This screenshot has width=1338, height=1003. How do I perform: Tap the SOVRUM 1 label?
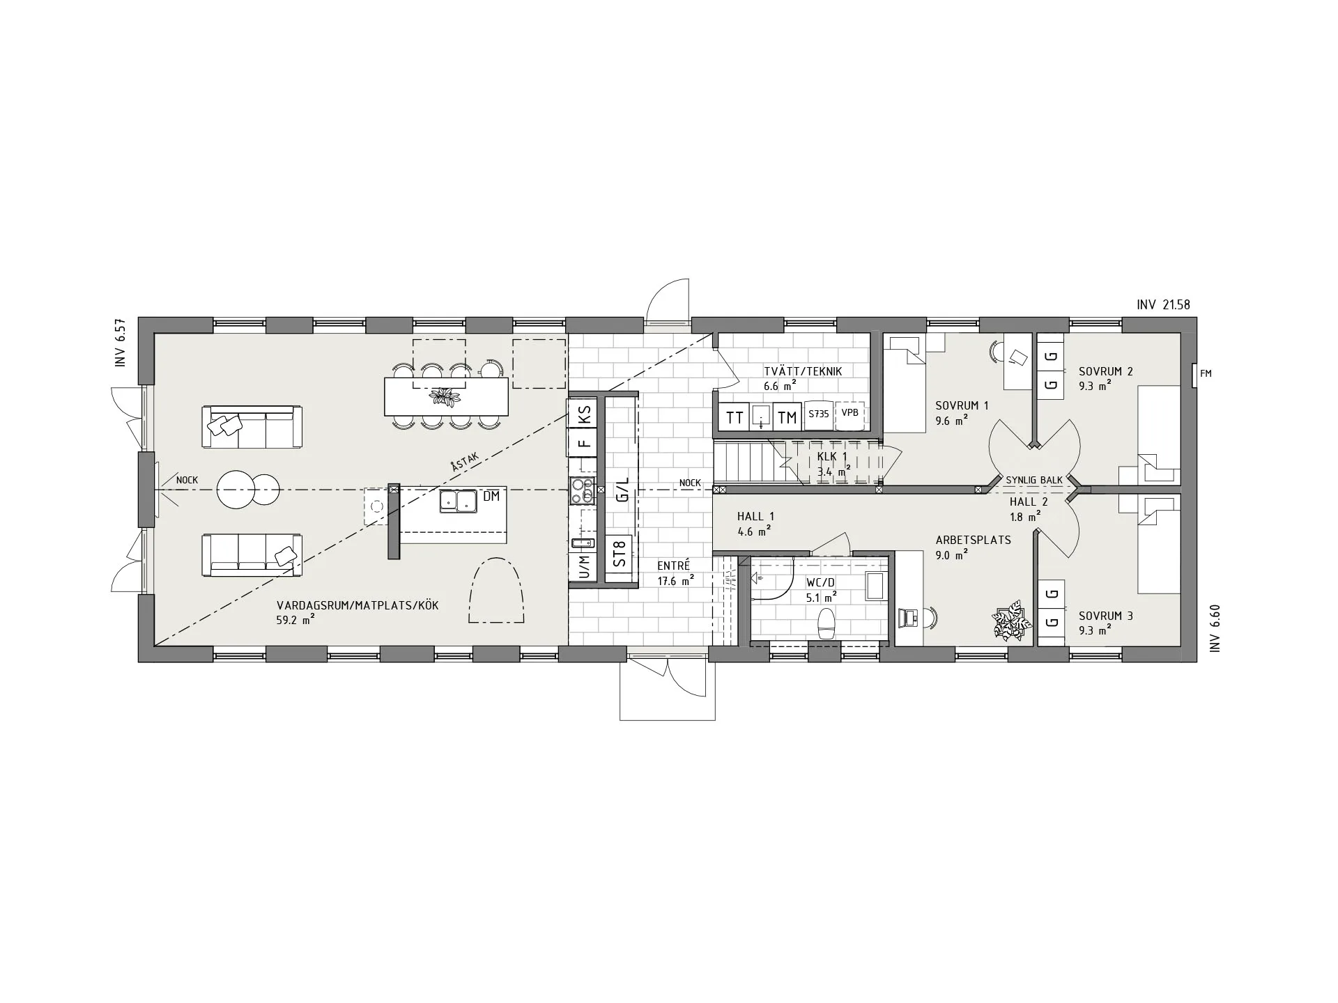coord(962,405)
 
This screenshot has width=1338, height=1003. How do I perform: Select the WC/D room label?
coord(820,582)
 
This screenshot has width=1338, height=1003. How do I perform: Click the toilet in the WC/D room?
coord(826,623)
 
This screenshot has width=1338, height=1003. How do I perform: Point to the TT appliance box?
coord(735,417)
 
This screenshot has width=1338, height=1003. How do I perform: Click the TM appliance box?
coord(787,417)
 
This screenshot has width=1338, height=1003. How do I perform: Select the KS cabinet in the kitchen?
coord(584,414)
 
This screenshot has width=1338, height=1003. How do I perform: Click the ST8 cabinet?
coord(620,554)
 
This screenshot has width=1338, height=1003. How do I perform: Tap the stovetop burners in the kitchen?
coord(583,491)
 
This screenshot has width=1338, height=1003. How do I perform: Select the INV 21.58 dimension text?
coord(1163,304)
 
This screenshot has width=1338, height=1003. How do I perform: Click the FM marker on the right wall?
coord(1206,373)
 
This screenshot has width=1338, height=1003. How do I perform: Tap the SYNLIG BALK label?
coord(1034,481)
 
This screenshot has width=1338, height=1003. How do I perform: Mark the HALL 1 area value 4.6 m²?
coord(754,531)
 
